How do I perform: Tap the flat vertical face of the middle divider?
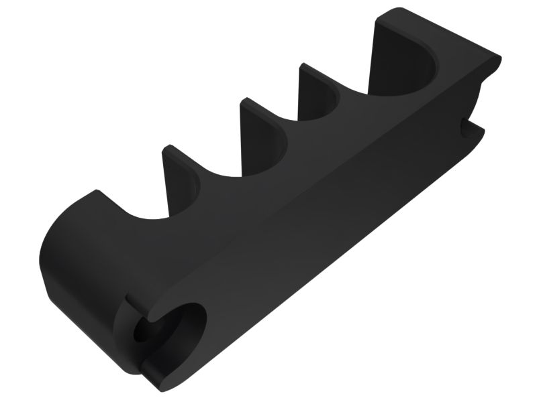tap(258, 127)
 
